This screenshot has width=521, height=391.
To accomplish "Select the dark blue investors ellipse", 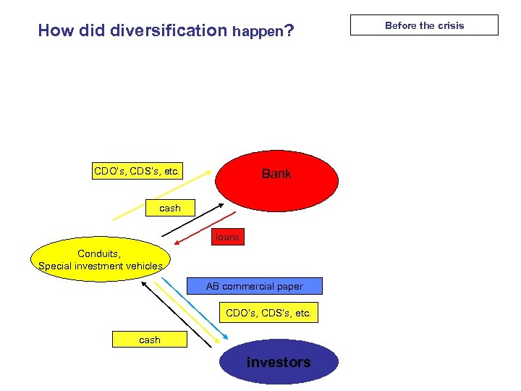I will [x=279, y=362].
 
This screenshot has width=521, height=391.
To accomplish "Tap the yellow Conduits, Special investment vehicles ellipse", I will [x=101, y=259].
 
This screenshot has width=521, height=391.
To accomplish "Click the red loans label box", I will [x=227, y=237].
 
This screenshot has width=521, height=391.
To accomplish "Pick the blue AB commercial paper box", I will [x=254, y=286].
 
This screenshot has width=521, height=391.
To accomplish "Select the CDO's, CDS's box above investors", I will [x=268, y=314].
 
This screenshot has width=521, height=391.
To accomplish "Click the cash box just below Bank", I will [x=170, y=208].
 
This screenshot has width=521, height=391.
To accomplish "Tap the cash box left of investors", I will [x=150, y=339].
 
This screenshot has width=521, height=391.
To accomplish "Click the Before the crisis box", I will [x=424, y=25].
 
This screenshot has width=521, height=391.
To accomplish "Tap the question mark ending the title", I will [x=289, y=30].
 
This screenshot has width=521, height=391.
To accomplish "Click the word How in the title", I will [x=53, y=30].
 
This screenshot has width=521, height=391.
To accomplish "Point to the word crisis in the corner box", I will [x=450, y=25].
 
